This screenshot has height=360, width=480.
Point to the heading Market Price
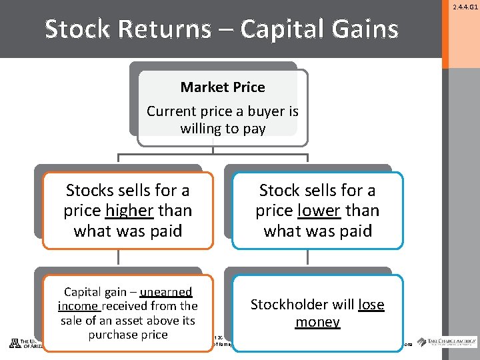point(223,87)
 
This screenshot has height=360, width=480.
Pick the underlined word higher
point(129,211)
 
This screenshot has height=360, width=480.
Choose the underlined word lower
point(317,211)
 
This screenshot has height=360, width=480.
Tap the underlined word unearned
point(166,292)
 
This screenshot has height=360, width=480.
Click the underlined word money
point(318,323)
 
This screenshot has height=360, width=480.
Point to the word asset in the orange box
point(142,320)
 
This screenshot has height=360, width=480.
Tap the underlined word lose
point(371,305)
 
